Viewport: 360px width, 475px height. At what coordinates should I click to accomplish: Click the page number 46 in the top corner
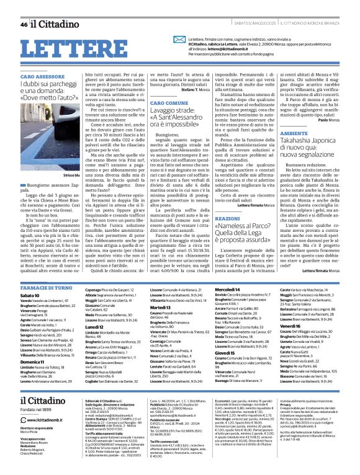(x=24, y=8)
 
